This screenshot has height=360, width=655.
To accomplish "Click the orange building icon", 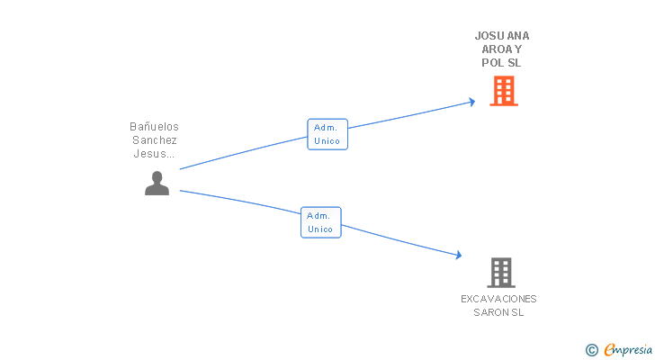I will point(504,91).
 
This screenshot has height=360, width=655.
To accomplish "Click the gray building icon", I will point(501,272).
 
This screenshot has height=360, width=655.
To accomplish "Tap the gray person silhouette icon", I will point(157,184).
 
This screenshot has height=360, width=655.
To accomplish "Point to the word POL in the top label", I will point(493,64).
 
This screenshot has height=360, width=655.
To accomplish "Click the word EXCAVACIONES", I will point(498,299).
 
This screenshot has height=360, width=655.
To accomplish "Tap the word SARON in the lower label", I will point(491,313).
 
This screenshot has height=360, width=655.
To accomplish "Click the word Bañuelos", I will point(155,127).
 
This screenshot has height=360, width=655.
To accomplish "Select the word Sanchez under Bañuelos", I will point(155,140).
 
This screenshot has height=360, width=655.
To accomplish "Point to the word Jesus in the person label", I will point(149,154).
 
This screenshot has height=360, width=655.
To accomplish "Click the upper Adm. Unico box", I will point(327,134).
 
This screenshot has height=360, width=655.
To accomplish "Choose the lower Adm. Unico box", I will point(320,222).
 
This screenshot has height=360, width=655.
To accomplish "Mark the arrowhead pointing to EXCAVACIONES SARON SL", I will point(458,256).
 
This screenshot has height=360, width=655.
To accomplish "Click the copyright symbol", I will point(591,349).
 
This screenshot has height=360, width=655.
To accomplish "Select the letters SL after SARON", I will point(517,313).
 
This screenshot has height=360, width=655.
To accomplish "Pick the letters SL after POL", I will point(514,64).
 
